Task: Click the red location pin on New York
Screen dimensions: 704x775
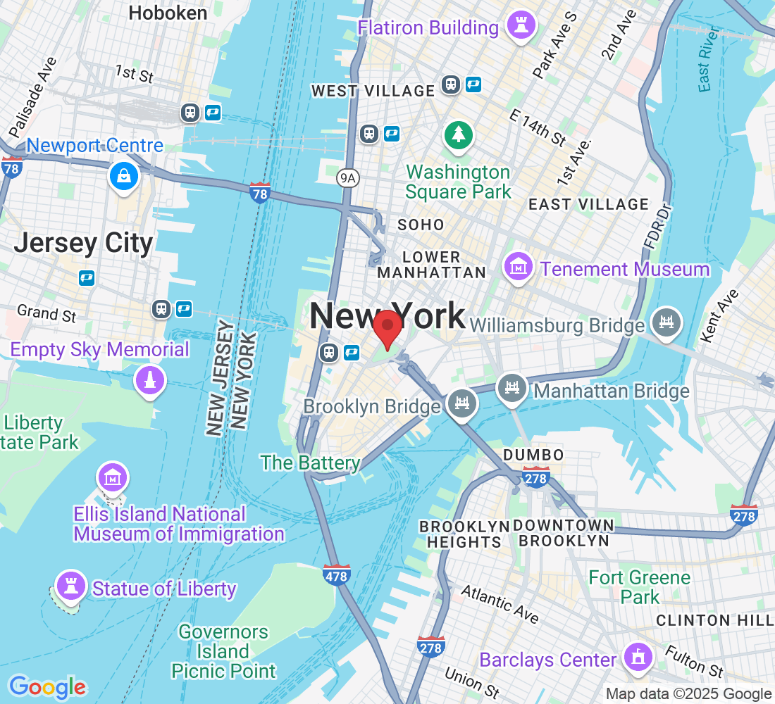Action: coord(387,328)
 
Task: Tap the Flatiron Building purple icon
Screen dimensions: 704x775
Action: coord(521,27)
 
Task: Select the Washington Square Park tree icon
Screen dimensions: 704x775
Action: coord(459,134)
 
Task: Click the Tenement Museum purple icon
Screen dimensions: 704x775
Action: coord(518,268)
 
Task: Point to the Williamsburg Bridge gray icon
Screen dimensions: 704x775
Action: coord(666,323)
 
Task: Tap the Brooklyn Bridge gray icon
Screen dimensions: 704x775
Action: coord(462,404)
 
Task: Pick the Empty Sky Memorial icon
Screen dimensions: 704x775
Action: coord(149,381)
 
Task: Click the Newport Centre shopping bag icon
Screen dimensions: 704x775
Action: coord(125,176)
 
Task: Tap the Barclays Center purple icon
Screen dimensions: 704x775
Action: coord(638,658)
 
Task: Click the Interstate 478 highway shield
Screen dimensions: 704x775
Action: coord(337,575)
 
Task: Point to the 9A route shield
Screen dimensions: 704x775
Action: coord(348,178)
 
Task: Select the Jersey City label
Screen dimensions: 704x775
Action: coord(83,244)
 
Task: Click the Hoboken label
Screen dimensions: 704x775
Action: coord(168,13)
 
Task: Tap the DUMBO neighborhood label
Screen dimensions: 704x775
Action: coord(533,455)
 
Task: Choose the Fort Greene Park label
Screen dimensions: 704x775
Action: coord(639,587)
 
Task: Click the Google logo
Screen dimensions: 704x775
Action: coord(46,686)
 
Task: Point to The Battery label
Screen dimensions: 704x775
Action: coord(310,463)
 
